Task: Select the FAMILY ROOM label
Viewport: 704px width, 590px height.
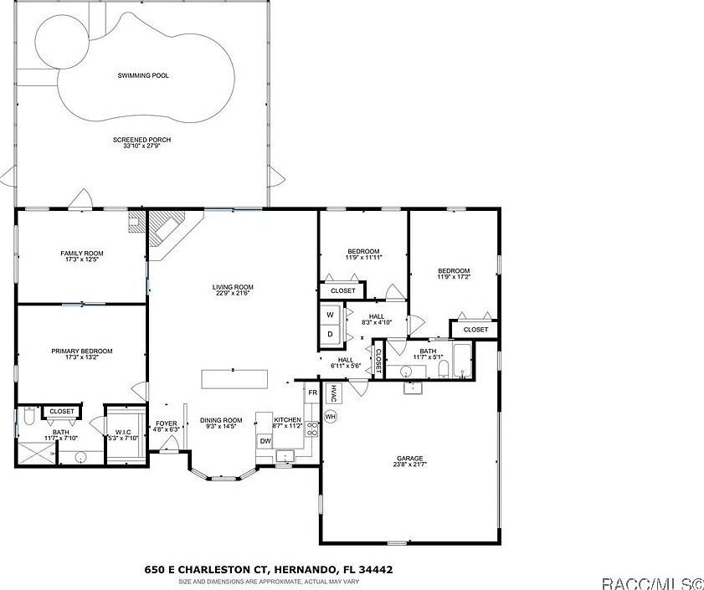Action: tap(81, 256)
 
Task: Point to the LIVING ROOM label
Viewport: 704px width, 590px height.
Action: tap(232, 290)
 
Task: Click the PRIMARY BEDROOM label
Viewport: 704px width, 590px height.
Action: tap(81, 355)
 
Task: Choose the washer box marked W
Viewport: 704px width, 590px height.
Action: tap(330, 315)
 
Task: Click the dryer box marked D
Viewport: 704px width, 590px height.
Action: tap(330, 334)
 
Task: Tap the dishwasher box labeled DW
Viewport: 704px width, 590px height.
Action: tap(265, 441)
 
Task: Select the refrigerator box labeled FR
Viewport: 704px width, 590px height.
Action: tap(312, 392)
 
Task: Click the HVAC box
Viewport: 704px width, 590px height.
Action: tap(332, 393)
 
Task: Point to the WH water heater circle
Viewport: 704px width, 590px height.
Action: tap(330, 416)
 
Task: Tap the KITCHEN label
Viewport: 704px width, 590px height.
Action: tap(287, 423)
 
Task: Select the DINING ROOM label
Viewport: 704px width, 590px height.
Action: tap(221, 423)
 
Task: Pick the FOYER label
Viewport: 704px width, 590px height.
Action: tap(167, 427)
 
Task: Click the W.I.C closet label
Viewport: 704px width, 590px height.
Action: tap(124, 435)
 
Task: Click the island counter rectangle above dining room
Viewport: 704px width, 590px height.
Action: tap(234, 378)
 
